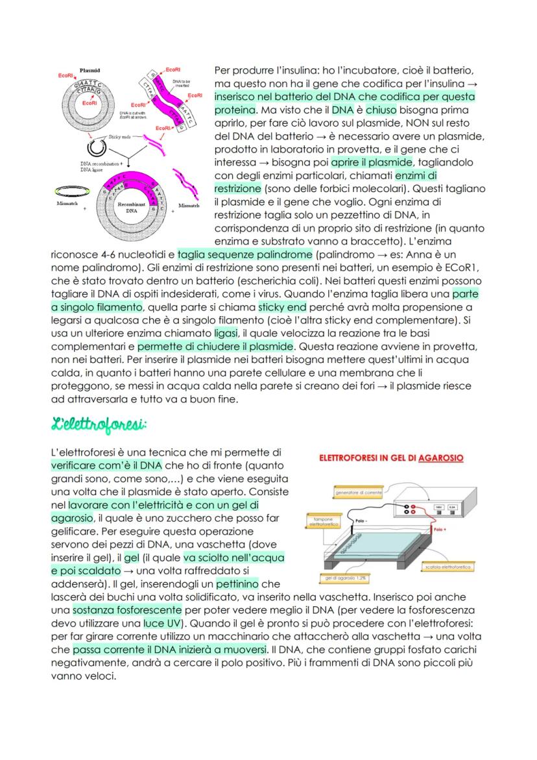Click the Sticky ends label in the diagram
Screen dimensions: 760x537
(x=120, y=138)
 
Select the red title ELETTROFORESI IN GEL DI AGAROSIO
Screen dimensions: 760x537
(x=390, y=458)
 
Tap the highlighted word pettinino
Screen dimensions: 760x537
(x=237, y=584)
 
